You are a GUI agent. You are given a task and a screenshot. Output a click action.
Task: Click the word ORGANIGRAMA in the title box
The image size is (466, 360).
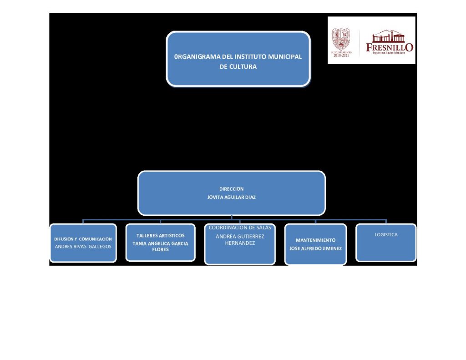pyautogui.click(x=198, y=57)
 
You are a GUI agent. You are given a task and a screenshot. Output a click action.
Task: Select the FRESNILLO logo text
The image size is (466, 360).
pyautogui.click(x=390, y=47)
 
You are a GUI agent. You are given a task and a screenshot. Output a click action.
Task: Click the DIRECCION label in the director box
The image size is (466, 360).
pyautogui.click(x=231, y=188)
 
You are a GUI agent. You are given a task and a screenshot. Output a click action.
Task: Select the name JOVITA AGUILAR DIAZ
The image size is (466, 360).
pyautogui.click(x=231, y=197)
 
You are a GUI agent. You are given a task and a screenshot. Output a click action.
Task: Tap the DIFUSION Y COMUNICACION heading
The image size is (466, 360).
pyautogui.click(x=83, y=239)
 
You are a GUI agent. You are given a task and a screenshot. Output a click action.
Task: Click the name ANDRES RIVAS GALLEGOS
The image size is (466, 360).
pyautogui.click(x=83, y=246)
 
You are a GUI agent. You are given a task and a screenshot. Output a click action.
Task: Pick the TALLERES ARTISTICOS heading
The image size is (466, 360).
pyautogui.click(x=161, y=235)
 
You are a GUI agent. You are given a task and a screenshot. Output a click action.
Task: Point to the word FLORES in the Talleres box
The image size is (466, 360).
pyautogui.click(x=160, y=249)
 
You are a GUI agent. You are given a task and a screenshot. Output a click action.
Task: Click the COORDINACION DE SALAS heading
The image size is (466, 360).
pyautogui.click(x=240, y=228)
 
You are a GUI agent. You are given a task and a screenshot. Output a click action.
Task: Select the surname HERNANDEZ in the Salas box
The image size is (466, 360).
pyautogui.click(x=240, y=243)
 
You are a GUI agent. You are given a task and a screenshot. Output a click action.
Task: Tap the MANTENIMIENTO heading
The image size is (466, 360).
pyautogui.click(x=315, y=240)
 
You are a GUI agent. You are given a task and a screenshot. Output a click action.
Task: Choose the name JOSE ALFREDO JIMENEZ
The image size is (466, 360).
pyautogui.click(x=315, y=248)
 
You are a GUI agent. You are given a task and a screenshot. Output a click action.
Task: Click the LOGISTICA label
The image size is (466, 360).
pyautogui.click(x=386, y=235)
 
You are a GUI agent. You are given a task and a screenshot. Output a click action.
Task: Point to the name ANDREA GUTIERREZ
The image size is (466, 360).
pyautogui.click(x=240, y=236)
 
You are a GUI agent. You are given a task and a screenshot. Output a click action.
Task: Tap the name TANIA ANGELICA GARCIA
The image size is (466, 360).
pyautogui.click(x=160, y=243)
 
